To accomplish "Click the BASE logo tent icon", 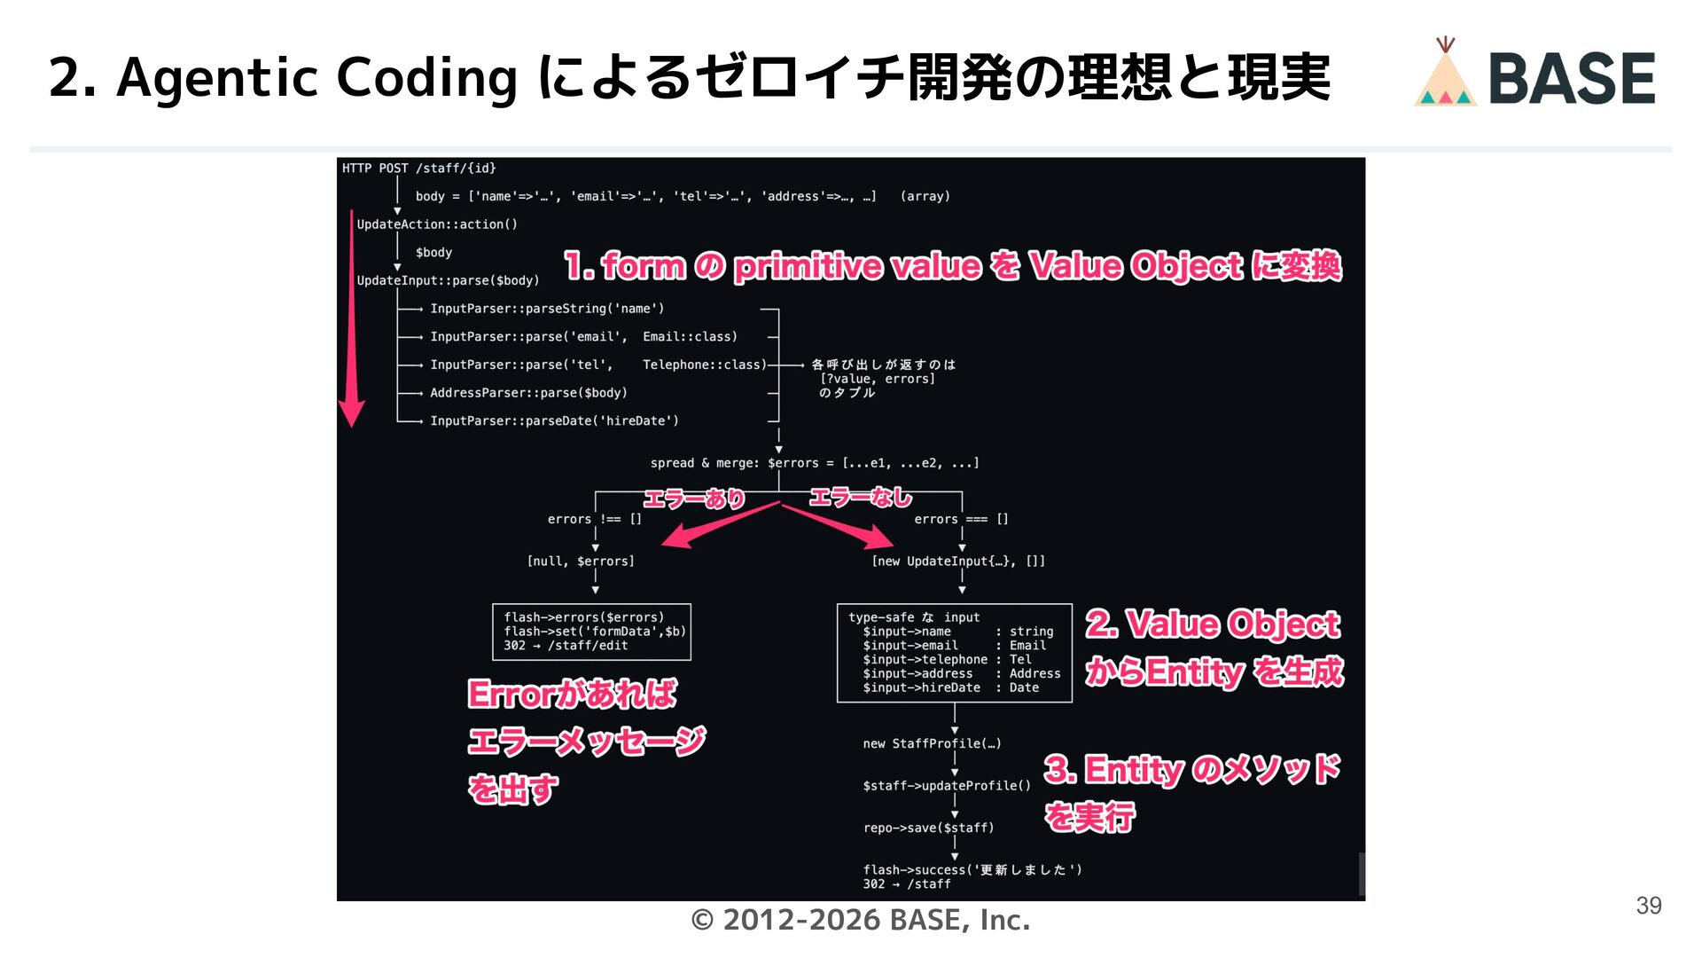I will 1445,75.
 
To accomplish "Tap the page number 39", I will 1648,906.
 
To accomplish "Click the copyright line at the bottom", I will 859,921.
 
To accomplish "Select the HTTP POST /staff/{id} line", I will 418,169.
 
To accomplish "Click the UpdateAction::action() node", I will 437,224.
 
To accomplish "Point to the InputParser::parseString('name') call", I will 547,309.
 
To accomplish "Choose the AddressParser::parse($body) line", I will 528,393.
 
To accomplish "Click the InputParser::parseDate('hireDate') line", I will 554,421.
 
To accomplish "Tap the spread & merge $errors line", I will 814,463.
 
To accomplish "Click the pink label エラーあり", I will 694,499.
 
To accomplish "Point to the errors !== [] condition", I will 594,520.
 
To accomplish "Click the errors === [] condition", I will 961,520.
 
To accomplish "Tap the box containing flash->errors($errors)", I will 591,632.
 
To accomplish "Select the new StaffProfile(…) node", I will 932,744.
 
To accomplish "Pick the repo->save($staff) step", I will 928,828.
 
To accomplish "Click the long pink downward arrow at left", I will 352,319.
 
